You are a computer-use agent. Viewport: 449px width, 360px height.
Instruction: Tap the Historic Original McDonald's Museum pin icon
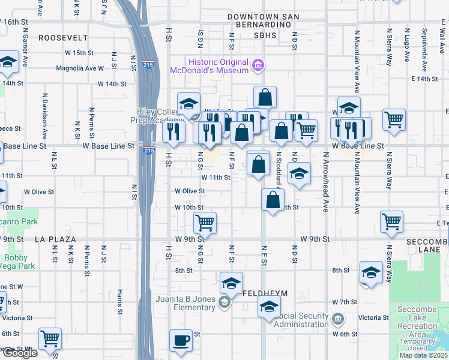click(x=258, y=65)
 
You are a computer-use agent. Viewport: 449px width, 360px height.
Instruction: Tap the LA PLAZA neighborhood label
click(x=55, y=239)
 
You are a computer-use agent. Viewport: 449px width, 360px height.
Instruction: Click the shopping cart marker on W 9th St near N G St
click(x=205, y=223)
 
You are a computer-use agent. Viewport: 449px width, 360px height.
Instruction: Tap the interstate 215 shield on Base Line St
click(x=148, y=151)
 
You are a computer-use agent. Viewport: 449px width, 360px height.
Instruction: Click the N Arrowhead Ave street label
click(x=326, y=187)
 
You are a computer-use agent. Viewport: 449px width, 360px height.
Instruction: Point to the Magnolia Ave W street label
click(x=80, y=68)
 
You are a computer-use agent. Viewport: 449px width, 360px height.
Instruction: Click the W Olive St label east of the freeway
click(x=190, y=191)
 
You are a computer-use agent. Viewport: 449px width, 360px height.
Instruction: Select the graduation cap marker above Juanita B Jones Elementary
click(x=231, y=283)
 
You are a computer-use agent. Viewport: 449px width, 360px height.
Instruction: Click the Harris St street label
click(x=120, y=301)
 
